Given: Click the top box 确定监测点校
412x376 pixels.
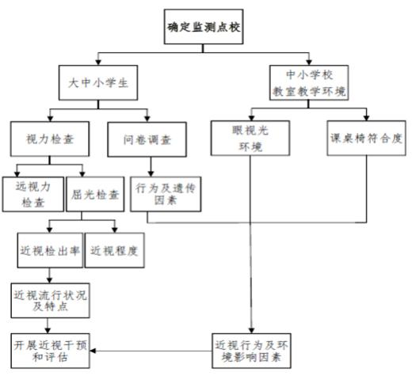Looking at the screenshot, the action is click(204, 27).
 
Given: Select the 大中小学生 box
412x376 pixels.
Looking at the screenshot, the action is click(98, 82).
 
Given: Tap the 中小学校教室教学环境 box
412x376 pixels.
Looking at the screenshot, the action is click(309, 82).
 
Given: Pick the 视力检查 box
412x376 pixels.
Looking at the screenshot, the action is click(50, 139).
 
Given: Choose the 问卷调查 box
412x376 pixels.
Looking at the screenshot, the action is click(147, 139).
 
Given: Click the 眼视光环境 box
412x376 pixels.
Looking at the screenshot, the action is click(250, 138).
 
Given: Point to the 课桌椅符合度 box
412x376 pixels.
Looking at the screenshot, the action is click(366, 138).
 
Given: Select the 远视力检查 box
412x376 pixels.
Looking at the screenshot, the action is click(33, 194).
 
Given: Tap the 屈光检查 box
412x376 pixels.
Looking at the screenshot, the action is click(95, 194).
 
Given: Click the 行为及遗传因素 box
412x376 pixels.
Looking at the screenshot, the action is click(166, 194).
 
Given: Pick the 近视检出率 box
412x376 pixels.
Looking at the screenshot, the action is click(50, 250).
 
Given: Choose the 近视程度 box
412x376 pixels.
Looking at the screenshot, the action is click(114, 250).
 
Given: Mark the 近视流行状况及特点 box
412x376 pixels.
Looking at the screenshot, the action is click(50, 301).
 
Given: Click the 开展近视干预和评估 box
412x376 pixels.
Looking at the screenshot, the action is click(50, 351).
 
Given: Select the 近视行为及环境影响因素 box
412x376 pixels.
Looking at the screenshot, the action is click(251, 351).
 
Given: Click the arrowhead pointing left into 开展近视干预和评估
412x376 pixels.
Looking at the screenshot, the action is click(93, 351).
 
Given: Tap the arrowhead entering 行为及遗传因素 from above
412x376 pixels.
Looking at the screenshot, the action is click(151, 174).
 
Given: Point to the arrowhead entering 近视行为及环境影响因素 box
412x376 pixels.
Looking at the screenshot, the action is click(251, 331).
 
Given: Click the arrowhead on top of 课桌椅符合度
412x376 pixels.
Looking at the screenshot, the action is click(366, 118).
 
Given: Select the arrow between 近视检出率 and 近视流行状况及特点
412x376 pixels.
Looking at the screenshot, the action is click(49, 275).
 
